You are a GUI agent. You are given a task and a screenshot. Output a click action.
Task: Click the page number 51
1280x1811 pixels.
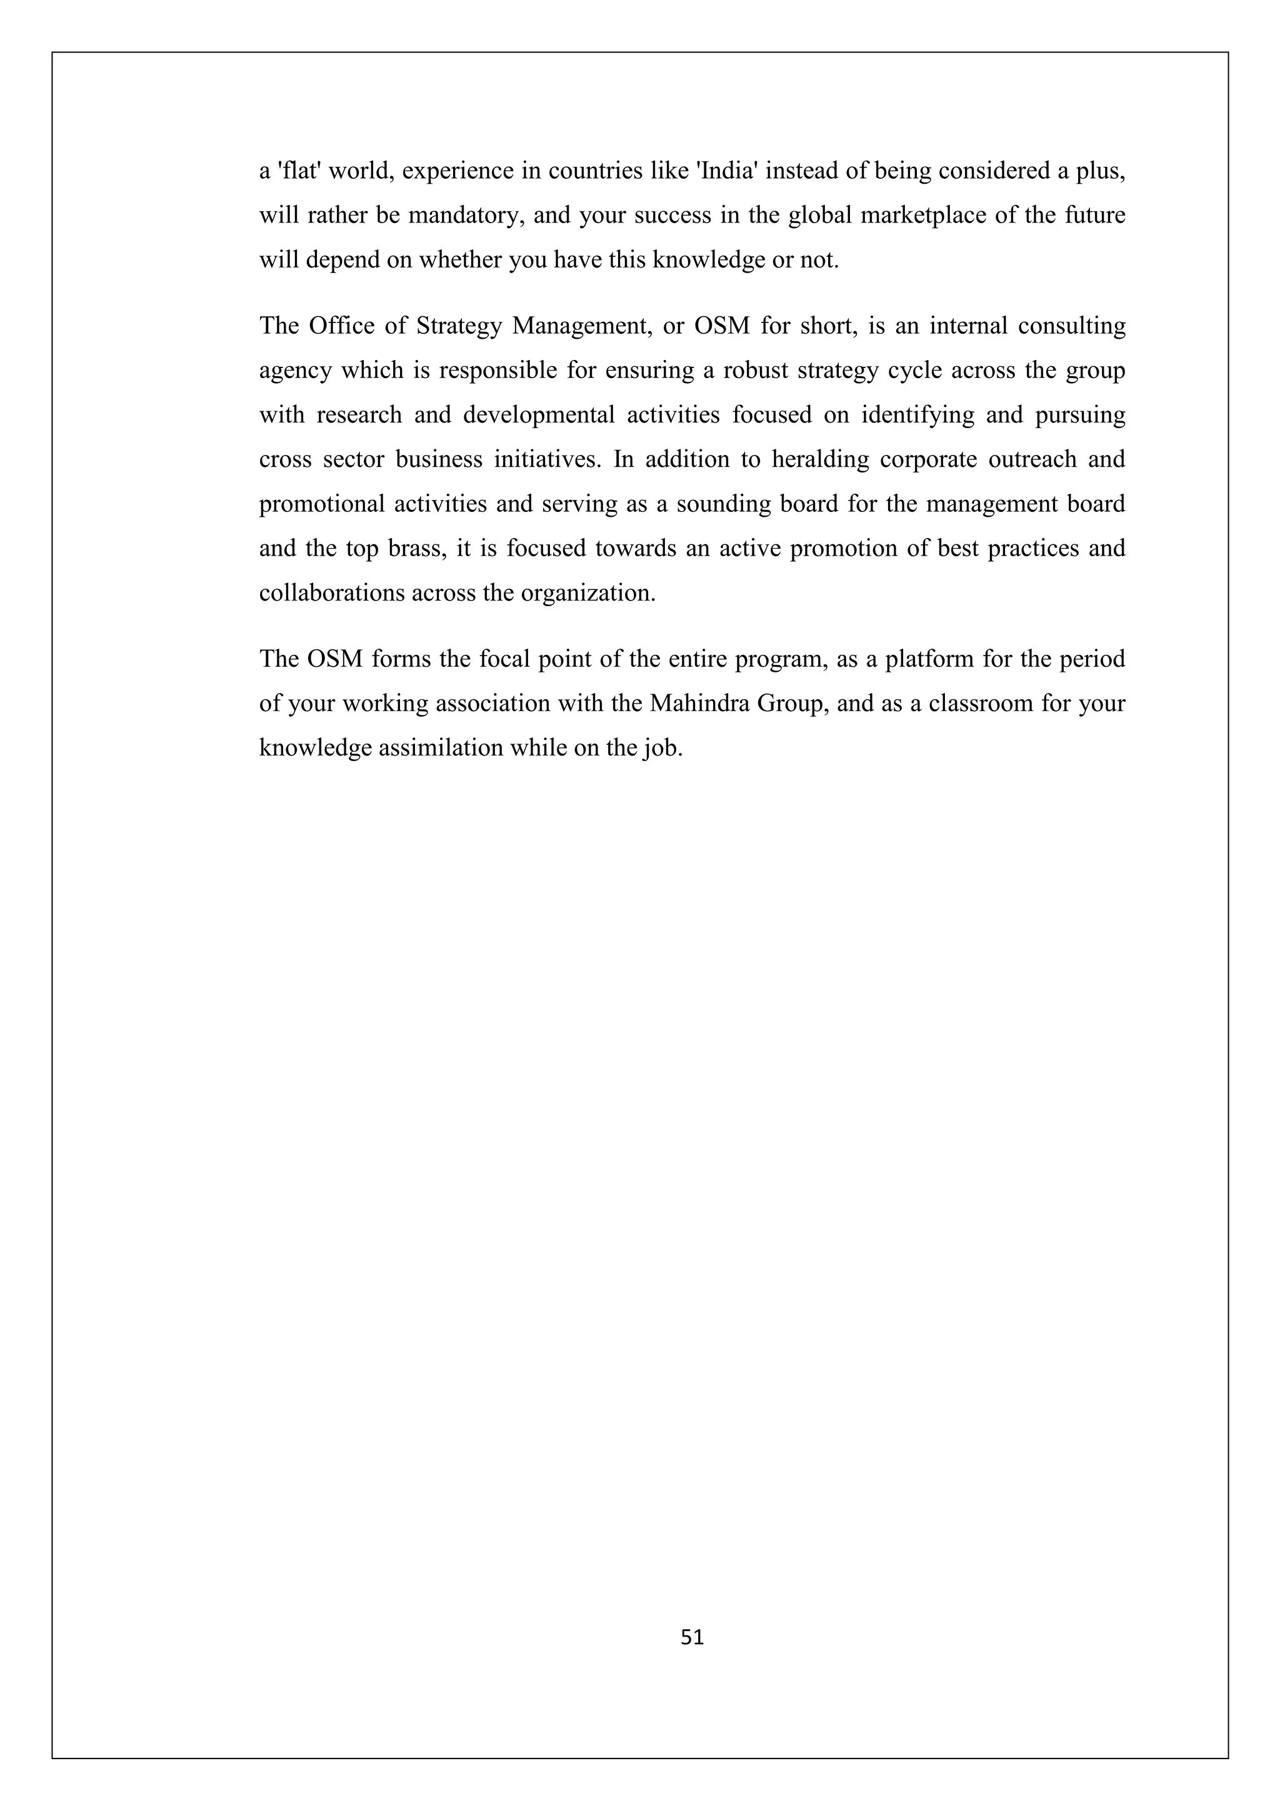(x=692, y=1637)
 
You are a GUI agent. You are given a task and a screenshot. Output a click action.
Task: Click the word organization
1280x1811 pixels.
(x=587, y=593)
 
